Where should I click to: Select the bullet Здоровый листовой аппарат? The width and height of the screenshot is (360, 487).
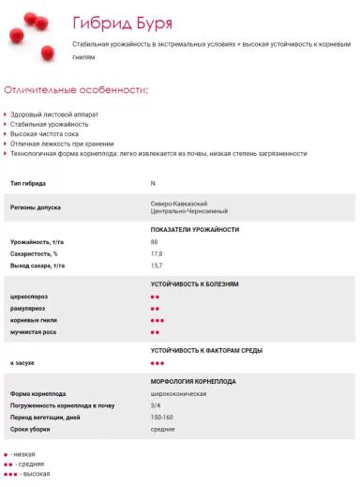(x=53, y=114)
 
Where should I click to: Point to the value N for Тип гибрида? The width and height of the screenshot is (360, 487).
(x=153, y=183)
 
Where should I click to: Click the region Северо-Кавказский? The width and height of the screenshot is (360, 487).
(x=179, y=203)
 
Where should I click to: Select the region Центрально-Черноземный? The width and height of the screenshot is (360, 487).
(x=186, y=212)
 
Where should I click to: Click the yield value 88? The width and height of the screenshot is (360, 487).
(x=155, y=242)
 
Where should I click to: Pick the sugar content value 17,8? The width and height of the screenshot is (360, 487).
(x=157, y=253)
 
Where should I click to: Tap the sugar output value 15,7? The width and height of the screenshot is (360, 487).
(x=157, y=266)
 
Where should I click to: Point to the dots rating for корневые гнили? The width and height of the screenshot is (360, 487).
(x=157, y=320)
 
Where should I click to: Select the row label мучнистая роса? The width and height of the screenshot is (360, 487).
(x=35, y=331)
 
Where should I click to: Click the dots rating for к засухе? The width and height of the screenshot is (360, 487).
(x=157, y=362)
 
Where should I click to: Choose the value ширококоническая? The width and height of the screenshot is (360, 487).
(x=179, y=393)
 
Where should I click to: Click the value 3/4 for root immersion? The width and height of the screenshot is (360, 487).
(x=156, y=405)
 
